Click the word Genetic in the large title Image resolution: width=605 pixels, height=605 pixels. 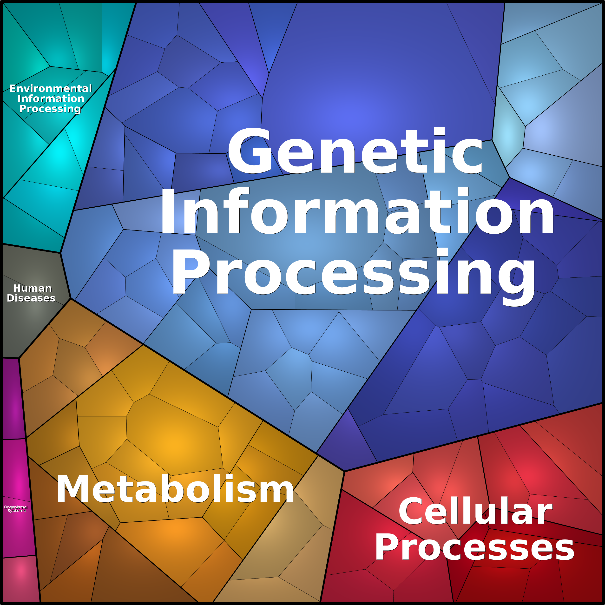[355, 150]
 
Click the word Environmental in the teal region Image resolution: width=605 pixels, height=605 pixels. [51, 89]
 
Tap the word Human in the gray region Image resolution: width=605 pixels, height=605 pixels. [32, 288]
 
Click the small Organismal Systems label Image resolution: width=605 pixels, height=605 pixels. [16, 509]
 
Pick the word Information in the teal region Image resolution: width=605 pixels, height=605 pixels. [51, 99]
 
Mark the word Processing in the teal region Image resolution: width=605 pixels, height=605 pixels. [50, 109]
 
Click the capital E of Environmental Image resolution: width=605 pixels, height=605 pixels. [13, 89]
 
